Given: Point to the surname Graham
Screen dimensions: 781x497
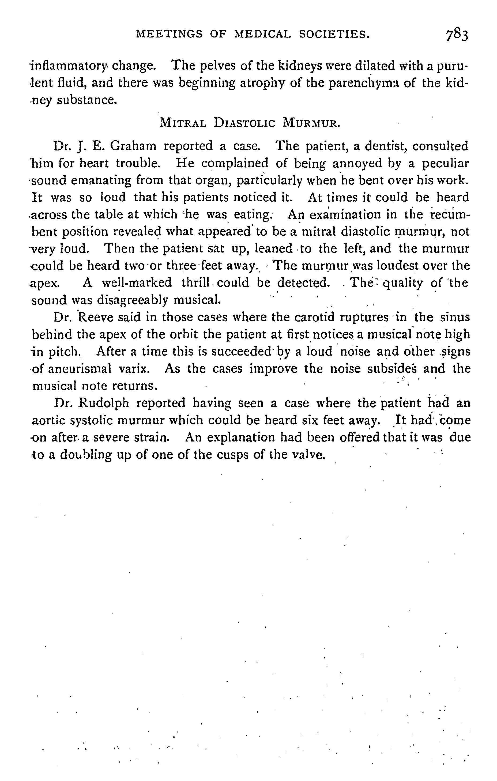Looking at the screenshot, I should [133, 146].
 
